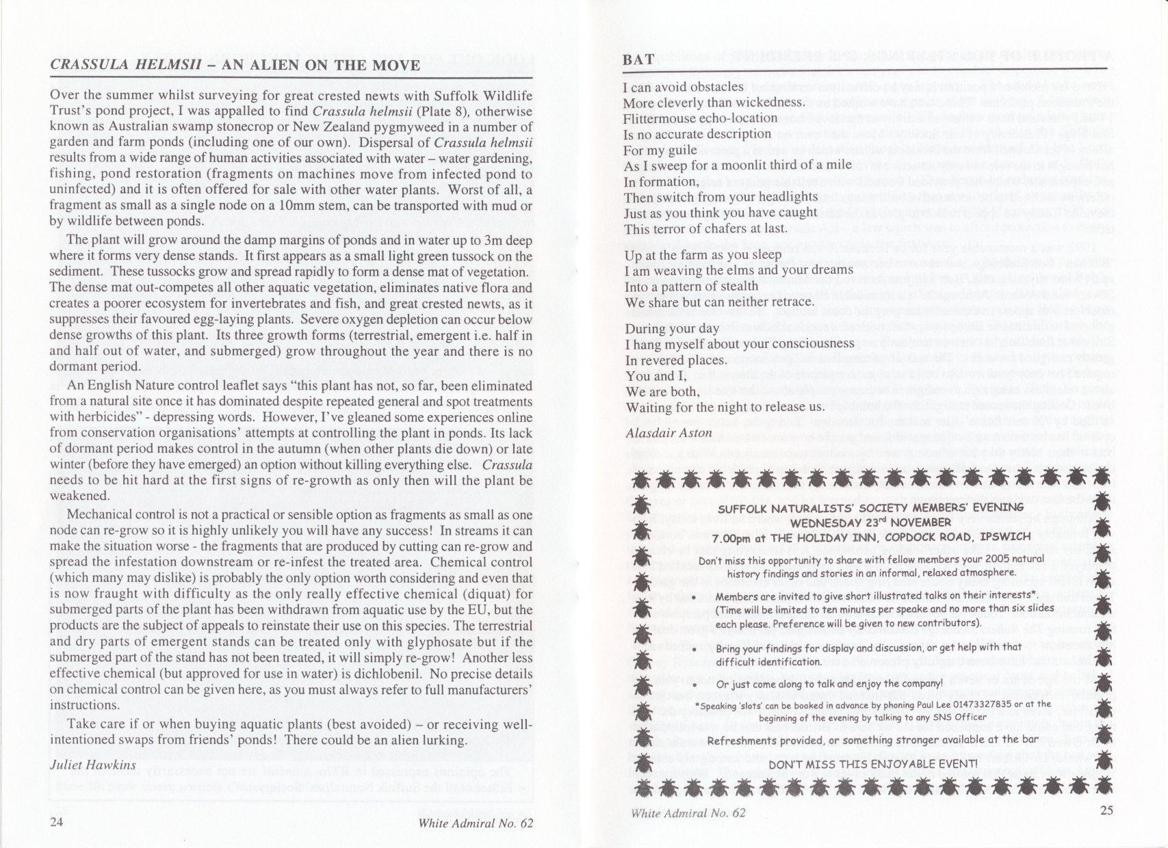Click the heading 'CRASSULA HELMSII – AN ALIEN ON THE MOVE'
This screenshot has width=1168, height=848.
click(x=235, y=65)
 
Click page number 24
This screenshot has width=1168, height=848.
click(x=57, y=823)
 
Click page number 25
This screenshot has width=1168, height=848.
click(x=1108, y=812)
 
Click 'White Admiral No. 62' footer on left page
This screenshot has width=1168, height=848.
click(x=475, y=823)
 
